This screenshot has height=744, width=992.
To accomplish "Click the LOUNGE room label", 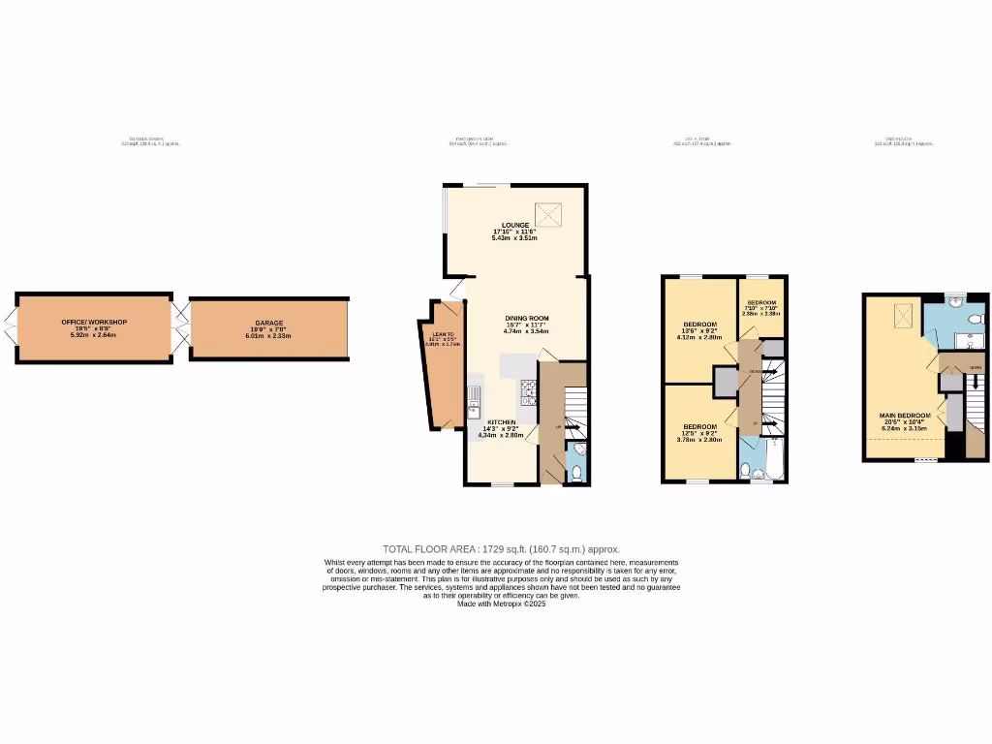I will pyautogui.click(x=514, y=225).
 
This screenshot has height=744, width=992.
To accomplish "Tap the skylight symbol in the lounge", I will pyautogui.click(x=550, y=210).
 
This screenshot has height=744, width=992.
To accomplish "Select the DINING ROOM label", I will pyautogui.click(x=526, y=319).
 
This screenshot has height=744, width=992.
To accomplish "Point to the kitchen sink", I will pyautogui.click(x=474, y=397).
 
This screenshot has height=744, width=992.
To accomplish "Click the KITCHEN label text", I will pyautogui.click(x=501, y=422).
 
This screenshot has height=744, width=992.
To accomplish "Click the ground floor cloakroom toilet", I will pyautogui.click(x=576, y=472).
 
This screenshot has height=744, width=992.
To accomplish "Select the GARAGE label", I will pyautogui.click(x=269, y=323).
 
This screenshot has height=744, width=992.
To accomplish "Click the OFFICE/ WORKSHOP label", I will pyautogui.click(x=94, y=323).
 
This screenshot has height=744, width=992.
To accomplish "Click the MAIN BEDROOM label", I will pyautogui.click(x=905, y=416).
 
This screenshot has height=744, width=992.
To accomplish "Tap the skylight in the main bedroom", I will pyautogui.click(x=904, y=314).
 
